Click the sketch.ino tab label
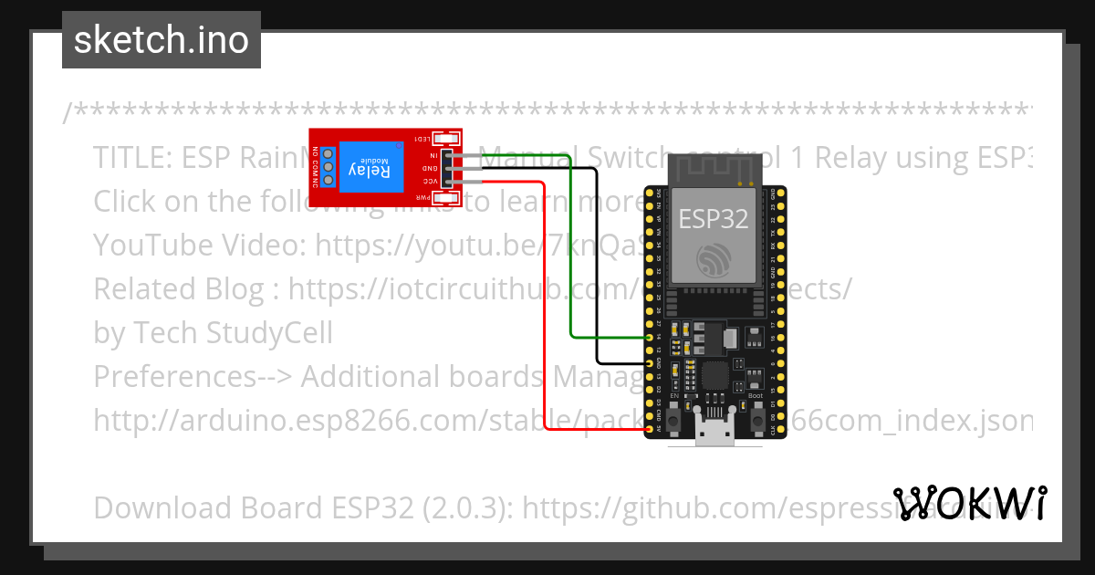[162, 40]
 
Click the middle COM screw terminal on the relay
[327, 168]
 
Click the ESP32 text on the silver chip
[713, 219]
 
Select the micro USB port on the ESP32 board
[714, 433]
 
